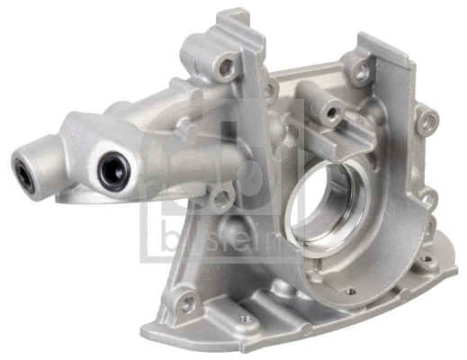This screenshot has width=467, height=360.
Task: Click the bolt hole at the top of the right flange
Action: (x=361, y=67)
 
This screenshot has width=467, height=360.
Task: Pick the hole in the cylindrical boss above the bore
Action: (x=331, y=112)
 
